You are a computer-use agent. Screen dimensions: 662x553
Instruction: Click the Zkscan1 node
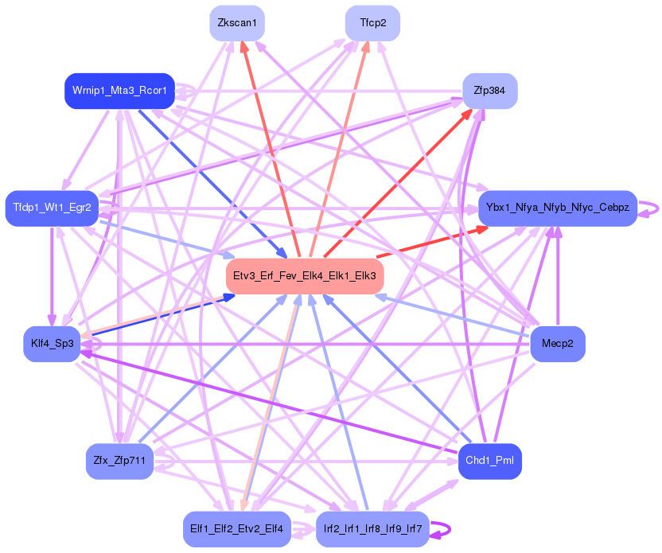tap(236, 23)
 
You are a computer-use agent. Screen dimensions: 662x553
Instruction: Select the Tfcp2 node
tap(372, 23)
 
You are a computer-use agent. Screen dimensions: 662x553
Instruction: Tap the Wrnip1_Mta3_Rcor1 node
tap(119, 91)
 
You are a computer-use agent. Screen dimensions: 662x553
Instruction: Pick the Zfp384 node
tap(489, 91)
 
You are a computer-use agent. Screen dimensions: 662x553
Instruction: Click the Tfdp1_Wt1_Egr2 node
tap(52, 208)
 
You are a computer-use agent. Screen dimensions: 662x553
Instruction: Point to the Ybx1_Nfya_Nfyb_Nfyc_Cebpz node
tap(557, 208)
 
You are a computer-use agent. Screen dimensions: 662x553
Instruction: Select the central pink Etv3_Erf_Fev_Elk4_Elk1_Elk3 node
tap(305, 276)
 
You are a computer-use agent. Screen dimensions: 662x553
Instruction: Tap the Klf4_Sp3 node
tap(52, 344)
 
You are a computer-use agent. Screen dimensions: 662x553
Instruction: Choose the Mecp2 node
tap(557, 344)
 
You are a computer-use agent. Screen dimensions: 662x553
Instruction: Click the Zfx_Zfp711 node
tap(119, 461)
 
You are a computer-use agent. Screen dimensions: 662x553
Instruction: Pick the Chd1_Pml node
tap(489, 461)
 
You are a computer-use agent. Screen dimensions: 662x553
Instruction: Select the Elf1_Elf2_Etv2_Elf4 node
tap(236, 529)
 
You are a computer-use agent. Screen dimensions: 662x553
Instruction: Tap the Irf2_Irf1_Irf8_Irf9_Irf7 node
tap(372, 529)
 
